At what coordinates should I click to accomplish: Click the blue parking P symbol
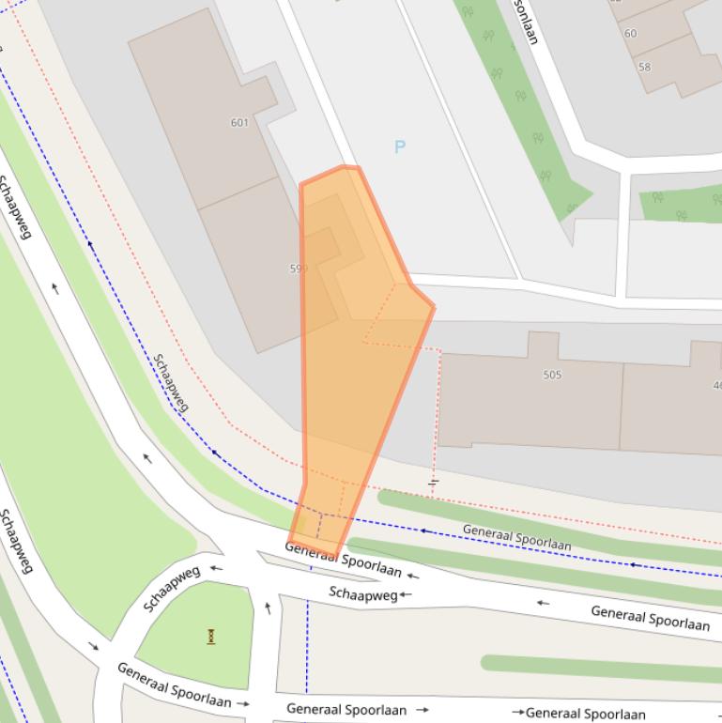point(400,146)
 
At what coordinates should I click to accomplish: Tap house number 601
point(238,122)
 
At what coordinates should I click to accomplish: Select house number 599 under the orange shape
point(299,269)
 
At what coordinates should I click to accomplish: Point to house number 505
point(552,375)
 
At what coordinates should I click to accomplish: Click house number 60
point(630,33)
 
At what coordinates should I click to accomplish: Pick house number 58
point(644,67)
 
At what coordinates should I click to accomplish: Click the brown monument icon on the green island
point(211,636)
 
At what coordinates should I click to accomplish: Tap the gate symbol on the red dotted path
point(434,483)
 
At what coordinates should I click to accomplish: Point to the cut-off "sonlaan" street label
point(525,21)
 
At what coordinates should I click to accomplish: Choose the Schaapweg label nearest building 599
point(171,382)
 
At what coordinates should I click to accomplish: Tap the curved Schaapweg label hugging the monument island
point(172,588)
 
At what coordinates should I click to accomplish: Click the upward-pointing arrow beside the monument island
point(269,608)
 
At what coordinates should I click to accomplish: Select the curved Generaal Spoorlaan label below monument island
point(174,685)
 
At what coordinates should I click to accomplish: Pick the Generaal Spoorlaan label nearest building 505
point(516,538)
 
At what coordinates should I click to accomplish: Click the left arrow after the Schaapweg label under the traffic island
point(406,594)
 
